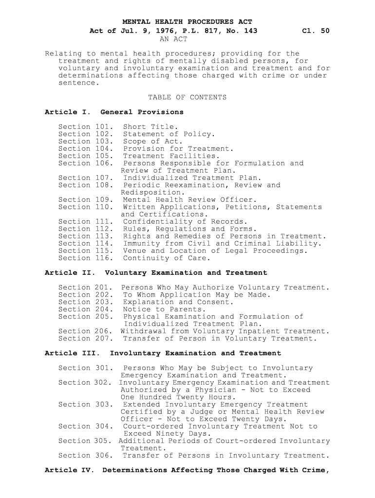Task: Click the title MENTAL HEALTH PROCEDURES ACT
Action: pyautogui.click(x=187, y=22)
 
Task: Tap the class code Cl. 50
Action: pyautogui.click(x=316, y=31)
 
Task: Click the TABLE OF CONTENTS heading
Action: pyautogui.click(x=187, y=97)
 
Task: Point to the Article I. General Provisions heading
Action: pyautogui.click(x=114, y=112)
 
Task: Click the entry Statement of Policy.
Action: pyautogui.click(x=169, y=134)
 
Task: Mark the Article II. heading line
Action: pyautogui.click(x=155, y=273)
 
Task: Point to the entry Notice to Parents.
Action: pyautogui.click(x=164, y=309)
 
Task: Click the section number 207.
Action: pyautogui.click(x=103, y=338)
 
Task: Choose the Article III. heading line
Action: pyautogui.click(x=163, y=353)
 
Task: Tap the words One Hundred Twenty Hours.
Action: pyautogui.click(x=174, y=397)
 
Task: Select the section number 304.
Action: pyautogui.click(x=103, y=427)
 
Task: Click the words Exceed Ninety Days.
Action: pyautogui.click(x=167, y=434)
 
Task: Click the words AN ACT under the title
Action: pyautogui.click(x=173, y=39)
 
